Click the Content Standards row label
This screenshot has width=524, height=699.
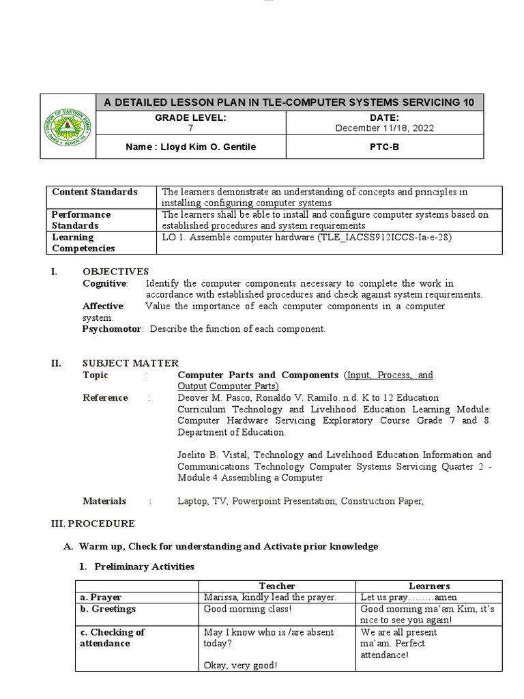(95, 192)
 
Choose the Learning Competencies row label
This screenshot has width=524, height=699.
(83, 243)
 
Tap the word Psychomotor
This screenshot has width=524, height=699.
(112, 329)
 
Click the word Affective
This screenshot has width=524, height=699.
(103, 306)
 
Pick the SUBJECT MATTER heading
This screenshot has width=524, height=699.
(130, 364)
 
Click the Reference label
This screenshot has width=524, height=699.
(105, 398)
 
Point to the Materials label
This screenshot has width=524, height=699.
(104, 501)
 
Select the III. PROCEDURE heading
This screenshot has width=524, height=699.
(93, 524)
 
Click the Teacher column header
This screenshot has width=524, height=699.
(277, 586)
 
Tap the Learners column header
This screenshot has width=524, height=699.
(429, 586)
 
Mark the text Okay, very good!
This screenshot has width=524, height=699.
(237, 666)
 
